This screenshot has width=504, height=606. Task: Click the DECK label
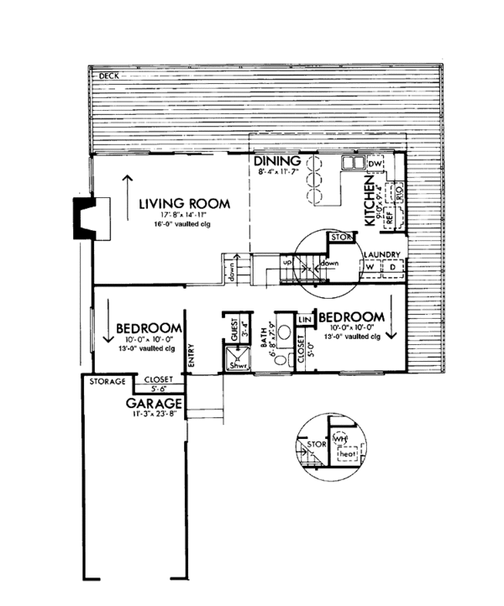109,76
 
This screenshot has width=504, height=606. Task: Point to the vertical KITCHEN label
369,202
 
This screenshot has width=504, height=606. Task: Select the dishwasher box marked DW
375,164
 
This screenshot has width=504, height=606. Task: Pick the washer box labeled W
370,267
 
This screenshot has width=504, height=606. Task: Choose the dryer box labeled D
391,267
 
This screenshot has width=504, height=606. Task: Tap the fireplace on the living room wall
84,217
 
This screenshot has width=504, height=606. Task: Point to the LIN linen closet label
304,320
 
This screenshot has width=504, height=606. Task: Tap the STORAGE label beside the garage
107,382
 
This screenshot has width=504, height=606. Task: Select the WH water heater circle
339,438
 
